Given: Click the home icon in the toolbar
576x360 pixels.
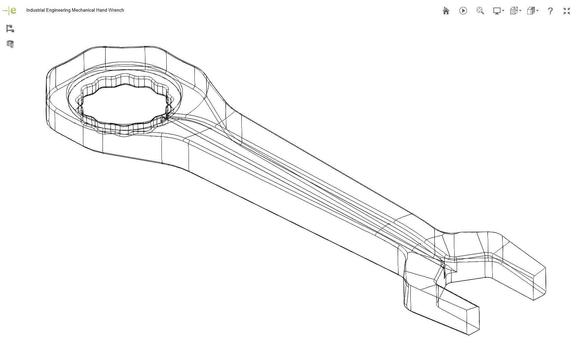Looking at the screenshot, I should coord(446,11).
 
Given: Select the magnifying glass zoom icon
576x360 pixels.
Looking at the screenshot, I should coord(480,11).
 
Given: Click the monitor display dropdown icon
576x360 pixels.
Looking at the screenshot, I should coord(498,11).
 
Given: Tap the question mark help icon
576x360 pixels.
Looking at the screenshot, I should coord(550,11).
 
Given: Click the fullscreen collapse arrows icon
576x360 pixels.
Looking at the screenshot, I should coord(566,11).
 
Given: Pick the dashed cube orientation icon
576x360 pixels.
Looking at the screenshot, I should coord(515,11).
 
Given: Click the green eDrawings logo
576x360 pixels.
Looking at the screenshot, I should coord(10,11).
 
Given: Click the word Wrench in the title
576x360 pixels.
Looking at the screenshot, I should coord(116,10).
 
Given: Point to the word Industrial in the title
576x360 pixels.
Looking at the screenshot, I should coord(35,10).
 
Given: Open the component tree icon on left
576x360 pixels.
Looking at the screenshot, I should coord(10,28).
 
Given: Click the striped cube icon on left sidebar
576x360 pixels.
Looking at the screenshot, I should coord(10,44).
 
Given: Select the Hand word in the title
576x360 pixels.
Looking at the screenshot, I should coord(101,10).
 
